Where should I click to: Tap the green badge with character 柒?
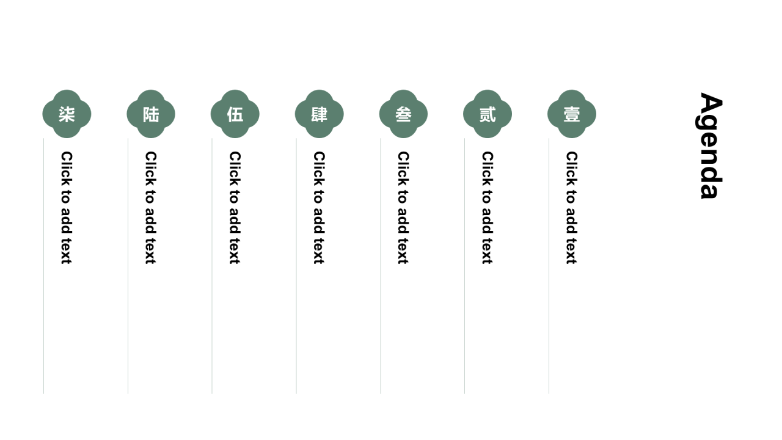67,114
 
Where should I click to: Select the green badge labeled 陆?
151,114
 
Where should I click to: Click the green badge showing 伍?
235,114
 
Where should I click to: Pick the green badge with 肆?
319,114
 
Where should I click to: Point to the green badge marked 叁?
403,114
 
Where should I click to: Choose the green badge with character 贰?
488,114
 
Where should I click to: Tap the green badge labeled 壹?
571,114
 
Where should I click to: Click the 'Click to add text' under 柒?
67,208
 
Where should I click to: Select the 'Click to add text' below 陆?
150,208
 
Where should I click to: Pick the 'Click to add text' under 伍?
235,208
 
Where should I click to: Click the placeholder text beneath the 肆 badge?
319,208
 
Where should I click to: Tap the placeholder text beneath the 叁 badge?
403,208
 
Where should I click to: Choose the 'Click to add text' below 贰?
487,208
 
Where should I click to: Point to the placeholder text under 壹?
571,208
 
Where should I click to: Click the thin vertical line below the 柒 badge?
43,266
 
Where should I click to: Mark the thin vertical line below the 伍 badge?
212,266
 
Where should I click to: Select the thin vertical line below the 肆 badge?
296,266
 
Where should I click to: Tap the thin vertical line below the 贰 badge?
465,266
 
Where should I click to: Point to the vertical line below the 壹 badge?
549,266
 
